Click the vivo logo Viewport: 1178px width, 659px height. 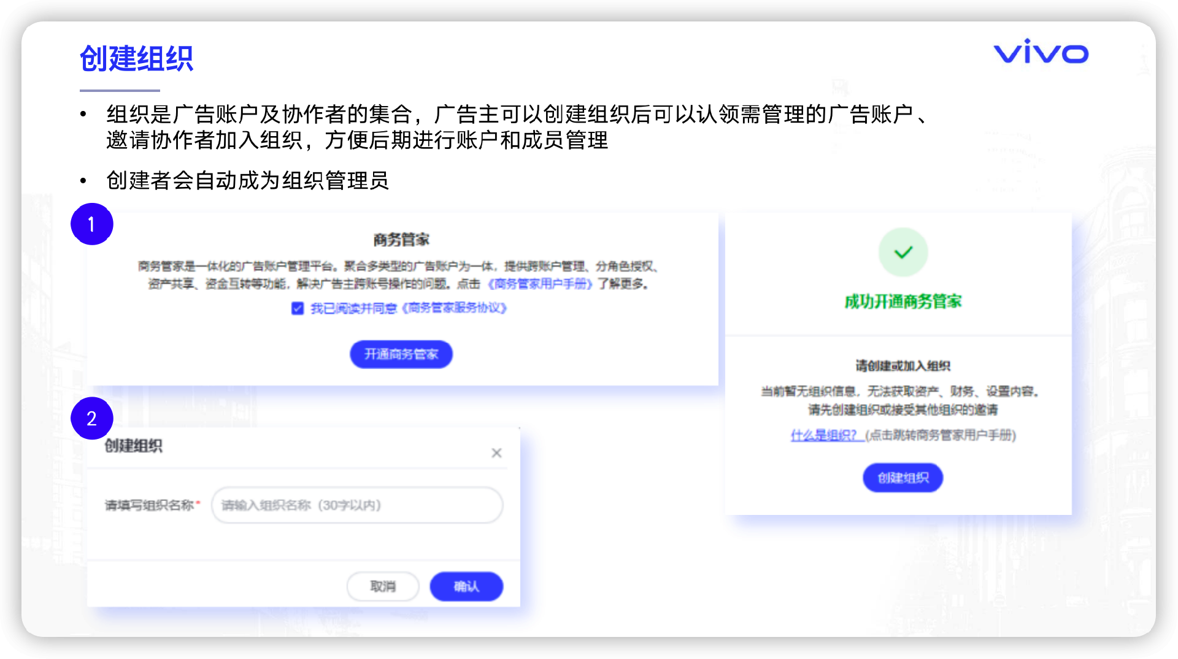pyautogui.click(x=1041, y=53)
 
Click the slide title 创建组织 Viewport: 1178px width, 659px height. pyautogui.click(x=136, y=59)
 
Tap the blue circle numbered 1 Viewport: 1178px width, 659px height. pyautogui.click(x=91, y=224)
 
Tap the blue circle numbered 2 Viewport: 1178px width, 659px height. pyautogui.click(x=91, y=419)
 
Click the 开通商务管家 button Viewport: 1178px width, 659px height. pyautogui.click(x=401, y=354)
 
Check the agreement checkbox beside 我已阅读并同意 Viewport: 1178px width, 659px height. pyautogui.click(x=298, y=308)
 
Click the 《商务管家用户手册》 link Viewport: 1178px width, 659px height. pyautogui.click(x=540, y=284)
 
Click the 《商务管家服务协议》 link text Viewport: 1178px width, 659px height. pyautogui.click(x=454, y=308)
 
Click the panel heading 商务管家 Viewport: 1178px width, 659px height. pyautogui.click(x=401, y=240)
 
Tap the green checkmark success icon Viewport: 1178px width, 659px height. pyautogui.click(x=903, y=253)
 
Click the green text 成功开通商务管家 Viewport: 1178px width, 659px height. pyautogui.click(x=903, y=302)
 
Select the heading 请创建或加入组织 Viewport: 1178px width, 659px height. pyautogui.click(x=903, y=366)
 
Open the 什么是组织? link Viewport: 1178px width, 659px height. pyautogui.click(x=823, y=435)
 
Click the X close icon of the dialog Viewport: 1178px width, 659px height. pyautogui.click(x=496, y=453)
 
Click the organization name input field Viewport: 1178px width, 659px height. pyautogui.click(x=357, y=505)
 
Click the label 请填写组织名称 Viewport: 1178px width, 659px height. pyautogui.click(x=149, y=505)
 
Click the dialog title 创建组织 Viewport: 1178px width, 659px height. pyautogui.click(x=133, y=446)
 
